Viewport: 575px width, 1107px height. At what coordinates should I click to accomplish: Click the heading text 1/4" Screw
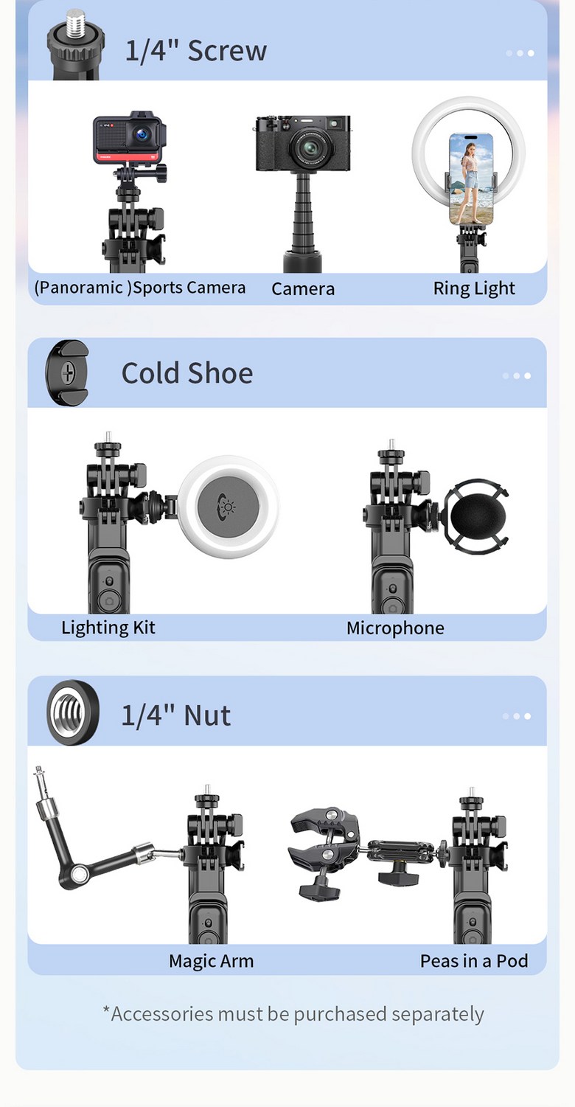pos(195,51)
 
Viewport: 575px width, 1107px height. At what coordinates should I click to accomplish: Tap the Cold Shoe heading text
pos(187,373)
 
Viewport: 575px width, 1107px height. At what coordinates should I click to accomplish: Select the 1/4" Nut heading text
pos(175,715)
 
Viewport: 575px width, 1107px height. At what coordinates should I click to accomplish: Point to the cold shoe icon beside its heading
pos(66,373)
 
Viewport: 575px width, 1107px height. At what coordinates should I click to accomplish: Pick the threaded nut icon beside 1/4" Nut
pos(73,713)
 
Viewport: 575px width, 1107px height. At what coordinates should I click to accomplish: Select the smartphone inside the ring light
pos(470,178)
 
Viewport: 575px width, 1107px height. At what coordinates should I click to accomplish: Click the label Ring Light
pos(474,288)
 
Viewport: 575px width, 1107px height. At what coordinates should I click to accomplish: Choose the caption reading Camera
pos(303,288)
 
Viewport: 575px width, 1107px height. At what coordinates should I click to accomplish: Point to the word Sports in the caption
pos(158,287)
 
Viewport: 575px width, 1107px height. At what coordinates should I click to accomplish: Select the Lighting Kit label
pos(108,628)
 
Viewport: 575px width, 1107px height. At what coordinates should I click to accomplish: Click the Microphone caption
pos(395,628)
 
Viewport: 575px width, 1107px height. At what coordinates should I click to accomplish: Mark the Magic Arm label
pos(211,961)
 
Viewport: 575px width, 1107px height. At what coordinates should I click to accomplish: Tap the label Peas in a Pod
pos(474,961)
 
